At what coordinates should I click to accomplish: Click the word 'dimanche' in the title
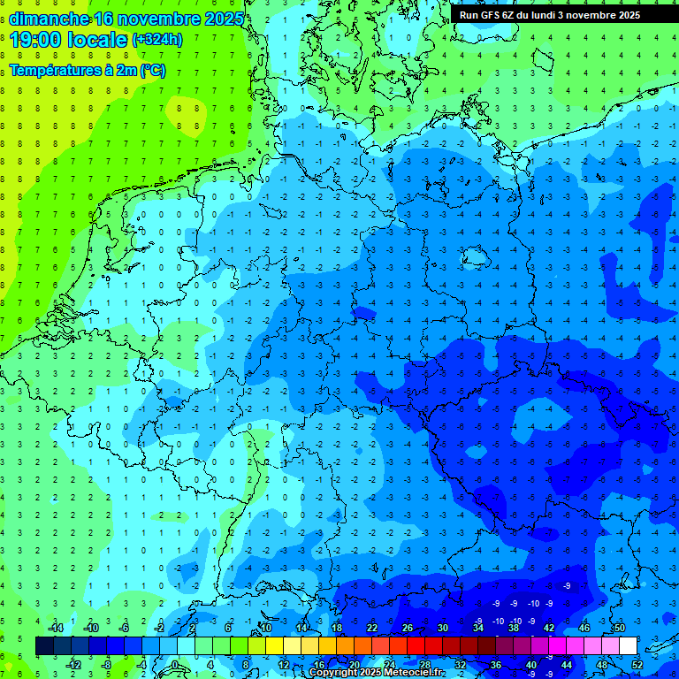49,19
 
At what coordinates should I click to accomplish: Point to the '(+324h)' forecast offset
156,40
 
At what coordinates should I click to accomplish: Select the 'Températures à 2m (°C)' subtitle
87,71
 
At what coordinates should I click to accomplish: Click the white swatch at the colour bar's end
629,646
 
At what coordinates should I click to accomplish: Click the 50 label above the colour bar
619,628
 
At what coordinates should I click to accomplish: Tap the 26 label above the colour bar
408,628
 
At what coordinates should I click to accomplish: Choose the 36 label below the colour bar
495,665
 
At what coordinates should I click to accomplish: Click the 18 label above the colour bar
337,628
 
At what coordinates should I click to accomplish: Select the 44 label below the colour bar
567,665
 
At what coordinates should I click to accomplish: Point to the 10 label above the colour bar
265,628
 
